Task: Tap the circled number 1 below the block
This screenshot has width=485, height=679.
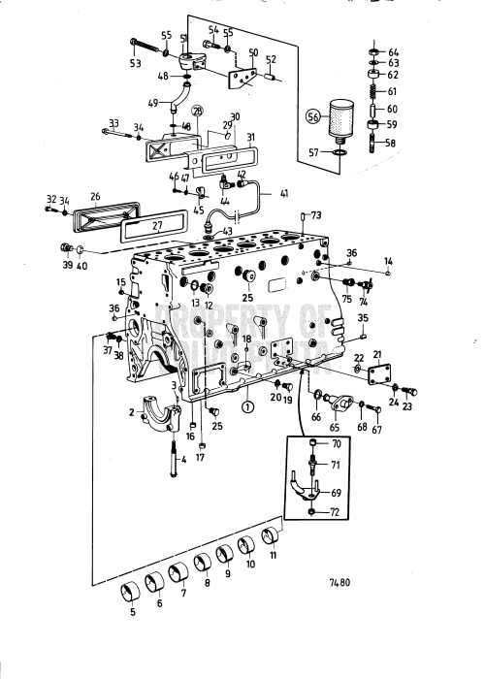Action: coord(247,407)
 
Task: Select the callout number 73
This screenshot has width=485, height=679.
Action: coord(315,214)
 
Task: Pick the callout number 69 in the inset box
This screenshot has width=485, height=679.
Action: coord(335,495)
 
